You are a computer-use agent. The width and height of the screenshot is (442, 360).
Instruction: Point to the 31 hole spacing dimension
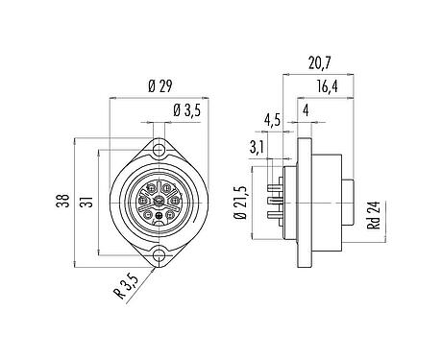(x=87, y=204)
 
